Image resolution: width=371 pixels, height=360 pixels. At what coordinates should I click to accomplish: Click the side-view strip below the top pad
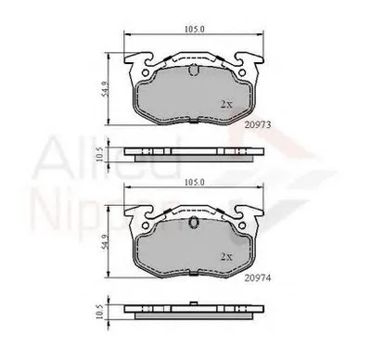click(193, 152)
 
